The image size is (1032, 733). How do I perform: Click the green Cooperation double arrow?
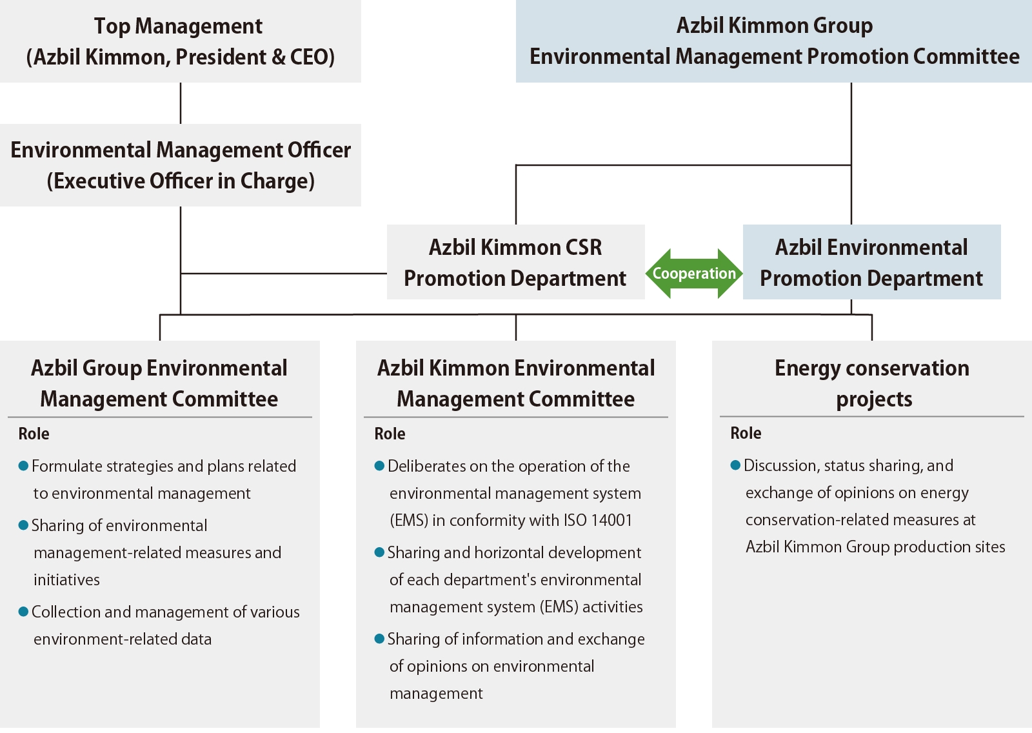(694, 274)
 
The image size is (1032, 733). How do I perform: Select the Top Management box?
(180, 41)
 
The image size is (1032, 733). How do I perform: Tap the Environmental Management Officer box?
(180, 165)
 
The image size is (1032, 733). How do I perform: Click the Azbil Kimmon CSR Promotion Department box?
(515, 262)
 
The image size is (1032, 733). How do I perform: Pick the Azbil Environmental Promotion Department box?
(871, 262)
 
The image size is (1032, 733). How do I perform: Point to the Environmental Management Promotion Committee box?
(773, 41)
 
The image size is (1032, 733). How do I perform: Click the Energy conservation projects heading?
(872, 383)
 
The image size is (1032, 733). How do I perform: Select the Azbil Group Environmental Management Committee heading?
(159, 383)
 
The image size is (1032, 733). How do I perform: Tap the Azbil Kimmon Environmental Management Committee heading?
(515, 383)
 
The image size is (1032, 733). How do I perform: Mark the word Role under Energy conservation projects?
(746, 434)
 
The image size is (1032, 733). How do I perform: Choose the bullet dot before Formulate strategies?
(23, 466)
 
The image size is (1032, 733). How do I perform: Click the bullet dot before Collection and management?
(23, 612)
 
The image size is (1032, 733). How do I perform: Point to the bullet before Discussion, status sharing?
(735, 465)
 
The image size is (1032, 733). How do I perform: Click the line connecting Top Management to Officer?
(181, 103)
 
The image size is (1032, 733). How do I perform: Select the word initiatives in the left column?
(66, 580)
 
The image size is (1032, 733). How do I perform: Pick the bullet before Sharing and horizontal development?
(379, 552)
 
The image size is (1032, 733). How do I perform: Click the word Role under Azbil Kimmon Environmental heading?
(390, 434)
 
